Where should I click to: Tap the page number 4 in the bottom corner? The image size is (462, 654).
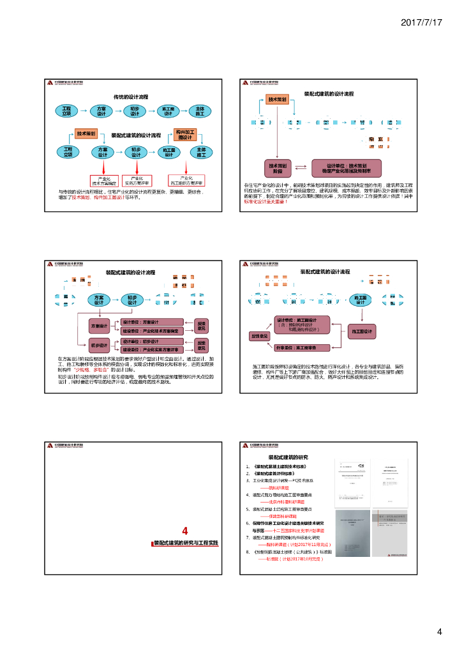pyautogui.click(x=439, y=632)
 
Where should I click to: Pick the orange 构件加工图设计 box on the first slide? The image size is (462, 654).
pyautogui.click(x=186, y=134)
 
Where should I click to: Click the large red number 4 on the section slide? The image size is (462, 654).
pyautogui.click(x=184, y=531)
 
